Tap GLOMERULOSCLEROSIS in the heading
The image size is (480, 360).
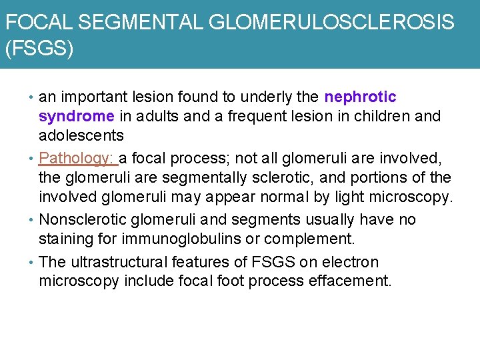click(x=331, y=23)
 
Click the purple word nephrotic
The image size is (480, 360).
click(x=360, y=97)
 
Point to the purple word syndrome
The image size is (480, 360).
click(x=76, y=116)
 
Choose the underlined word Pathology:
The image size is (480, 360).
click(x=77, y=159)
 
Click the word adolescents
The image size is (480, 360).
click(x=81, y=135)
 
